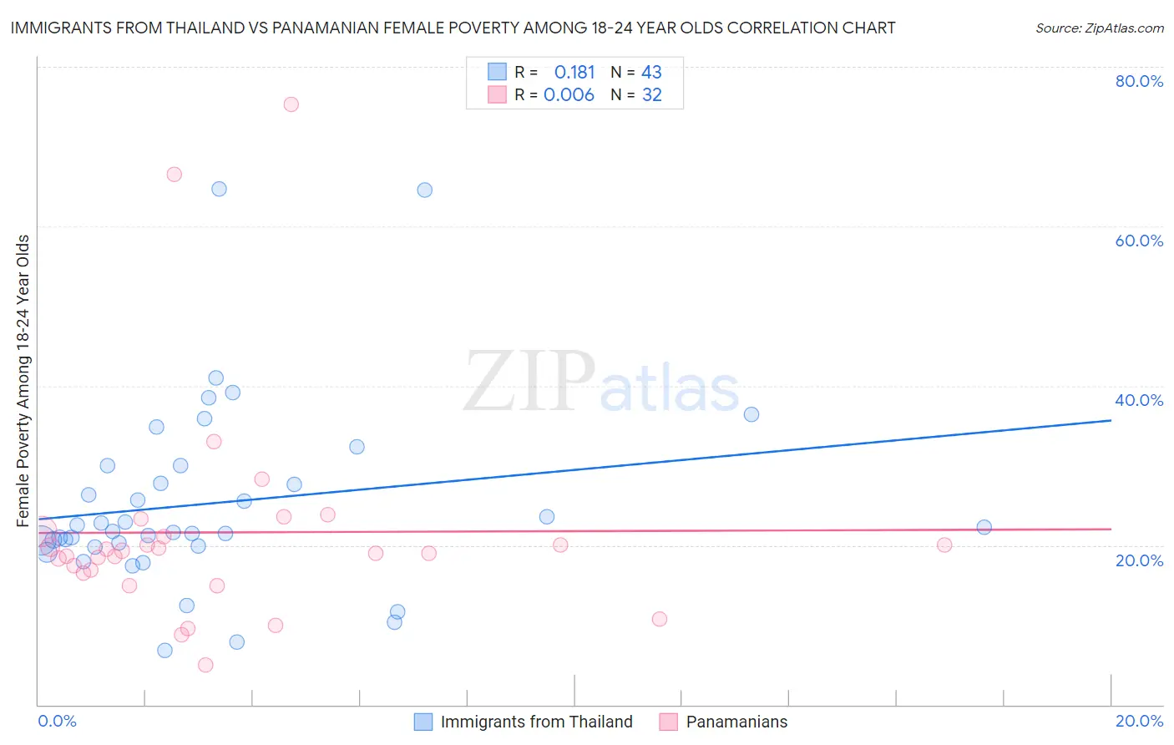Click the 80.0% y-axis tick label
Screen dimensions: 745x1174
pos(1139,81)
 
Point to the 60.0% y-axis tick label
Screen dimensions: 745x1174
pos(1139,241)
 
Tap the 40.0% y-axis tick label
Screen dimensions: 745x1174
pos(1139,400)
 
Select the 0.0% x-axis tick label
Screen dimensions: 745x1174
pos(57,721)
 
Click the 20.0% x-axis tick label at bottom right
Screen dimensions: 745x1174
pos(1139,721)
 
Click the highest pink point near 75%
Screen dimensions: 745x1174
pos(291,104)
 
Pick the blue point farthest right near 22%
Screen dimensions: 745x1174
pos(984,527)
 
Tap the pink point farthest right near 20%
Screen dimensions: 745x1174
pos(944,545)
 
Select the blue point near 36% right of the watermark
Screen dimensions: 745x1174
pos(751,414)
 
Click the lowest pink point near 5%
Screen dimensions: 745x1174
pos(205,665)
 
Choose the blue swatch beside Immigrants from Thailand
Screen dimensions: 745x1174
pos(423,722)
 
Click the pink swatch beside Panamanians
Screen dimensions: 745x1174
pos(668,722)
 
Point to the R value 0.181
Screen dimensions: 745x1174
pos(574,72)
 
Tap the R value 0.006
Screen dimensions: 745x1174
pos(569,95)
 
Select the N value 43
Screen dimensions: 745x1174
pos(651,72)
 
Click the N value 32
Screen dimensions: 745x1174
pos(651,95)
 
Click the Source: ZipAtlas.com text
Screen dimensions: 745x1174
pos(1099,28)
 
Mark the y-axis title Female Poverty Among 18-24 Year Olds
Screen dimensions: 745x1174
pos(23,381)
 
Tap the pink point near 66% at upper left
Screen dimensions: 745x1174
pos(175,175)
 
